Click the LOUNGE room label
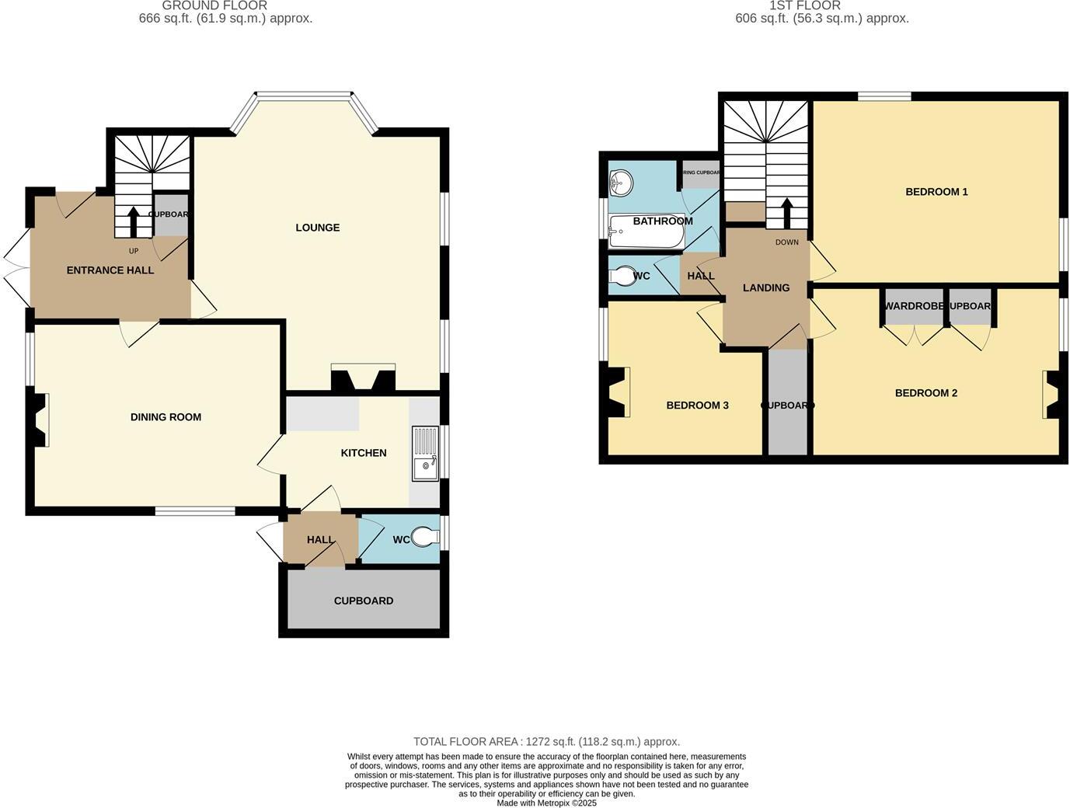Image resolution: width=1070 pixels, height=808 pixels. [x=317, y=228]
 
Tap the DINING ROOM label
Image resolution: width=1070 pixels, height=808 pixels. [x=166, y=417]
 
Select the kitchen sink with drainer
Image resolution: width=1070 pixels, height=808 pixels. [x=425, y=454]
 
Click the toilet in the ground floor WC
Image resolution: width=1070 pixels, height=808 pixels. [x=424, y=538]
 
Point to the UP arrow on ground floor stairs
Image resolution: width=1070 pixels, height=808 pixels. [x=133, y=221]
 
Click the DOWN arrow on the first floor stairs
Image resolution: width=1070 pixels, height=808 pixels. [x=786, y=213]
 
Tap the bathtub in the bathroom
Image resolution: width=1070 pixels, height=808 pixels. [x=646, y=232]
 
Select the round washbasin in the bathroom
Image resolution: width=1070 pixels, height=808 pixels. [x=621, y=183]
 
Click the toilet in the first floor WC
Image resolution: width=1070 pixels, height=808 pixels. [x=622, y=276]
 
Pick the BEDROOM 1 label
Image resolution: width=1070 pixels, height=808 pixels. [x=936, y=192]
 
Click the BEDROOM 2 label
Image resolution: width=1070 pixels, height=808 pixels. [x=925, y=393]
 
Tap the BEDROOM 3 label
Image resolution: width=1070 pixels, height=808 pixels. [x=697, y=406]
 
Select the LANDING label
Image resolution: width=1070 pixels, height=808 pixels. [x=765, y=288]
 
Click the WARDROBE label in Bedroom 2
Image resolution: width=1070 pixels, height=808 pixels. [x=912, y=306]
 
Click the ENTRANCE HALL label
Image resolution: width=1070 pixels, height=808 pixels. [x=110, y=270]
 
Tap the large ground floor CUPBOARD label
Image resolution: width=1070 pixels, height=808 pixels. [x=363, y=601]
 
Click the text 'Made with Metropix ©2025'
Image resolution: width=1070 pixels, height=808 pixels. [x=546, y=803]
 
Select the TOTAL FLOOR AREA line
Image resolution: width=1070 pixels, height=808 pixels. [x=546, y=742]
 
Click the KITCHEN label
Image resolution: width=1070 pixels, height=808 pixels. [x=363, y=453]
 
